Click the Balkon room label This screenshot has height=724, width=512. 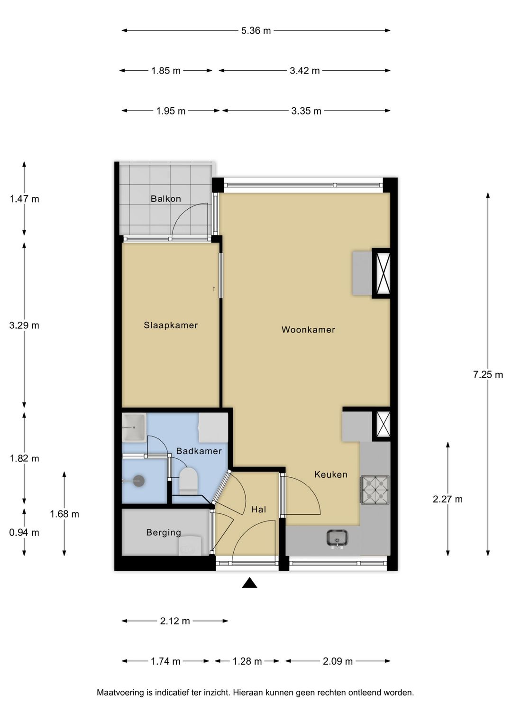(166, 198)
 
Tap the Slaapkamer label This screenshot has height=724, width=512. (171, 325)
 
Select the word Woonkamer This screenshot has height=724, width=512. (308, 330)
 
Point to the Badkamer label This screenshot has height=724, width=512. (199, 451)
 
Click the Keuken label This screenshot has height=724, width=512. (331, 474)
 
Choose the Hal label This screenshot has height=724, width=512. (258, 510)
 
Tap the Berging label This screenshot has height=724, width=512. (164, 532)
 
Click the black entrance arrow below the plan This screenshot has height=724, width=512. (249, 583)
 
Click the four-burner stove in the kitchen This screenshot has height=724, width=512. (375, 490)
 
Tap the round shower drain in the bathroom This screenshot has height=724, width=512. (139, 481)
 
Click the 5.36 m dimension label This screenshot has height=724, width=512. (256, 31)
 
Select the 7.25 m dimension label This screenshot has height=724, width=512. (488, 375)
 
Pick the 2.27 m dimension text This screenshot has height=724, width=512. (448, 499)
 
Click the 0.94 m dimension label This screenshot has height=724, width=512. (24, 532)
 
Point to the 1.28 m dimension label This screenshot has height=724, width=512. (247, 661)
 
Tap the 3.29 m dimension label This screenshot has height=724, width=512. (24, 325)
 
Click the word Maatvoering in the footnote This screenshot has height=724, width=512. (120, 693)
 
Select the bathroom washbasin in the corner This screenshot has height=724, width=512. (134, 427)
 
